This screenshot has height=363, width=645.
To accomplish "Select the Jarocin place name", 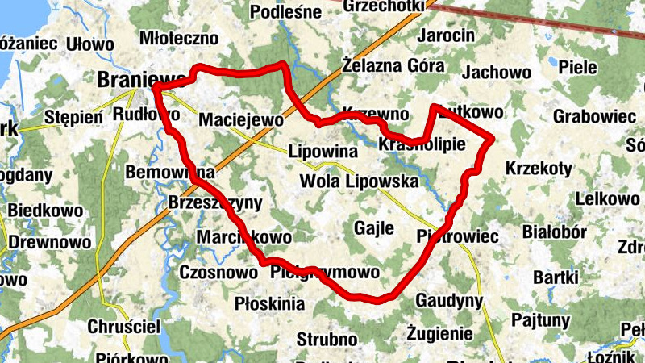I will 446,36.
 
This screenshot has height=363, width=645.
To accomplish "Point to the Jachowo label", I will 497,72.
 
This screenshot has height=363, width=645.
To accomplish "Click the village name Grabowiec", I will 594,116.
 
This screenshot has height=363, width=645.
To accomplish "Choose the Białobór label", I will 554,232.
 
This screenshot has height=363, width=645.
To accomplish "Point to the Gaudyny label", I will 449,301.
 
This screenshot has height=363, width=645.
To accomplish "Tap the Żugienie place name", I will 439,332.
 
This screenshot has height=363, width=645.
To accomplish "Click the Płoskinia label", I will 268,303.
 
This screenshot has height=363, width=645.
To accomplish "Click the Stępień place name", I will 73,116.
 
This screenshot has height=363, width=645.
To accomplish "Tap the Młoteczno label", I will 179,37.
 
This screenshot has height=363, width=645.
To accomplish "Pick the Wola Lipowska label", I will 359,181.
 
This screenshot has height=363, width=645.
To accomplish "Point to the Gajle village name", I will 374,228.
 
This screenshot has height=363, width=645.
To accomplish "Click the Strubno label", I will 327,339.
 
